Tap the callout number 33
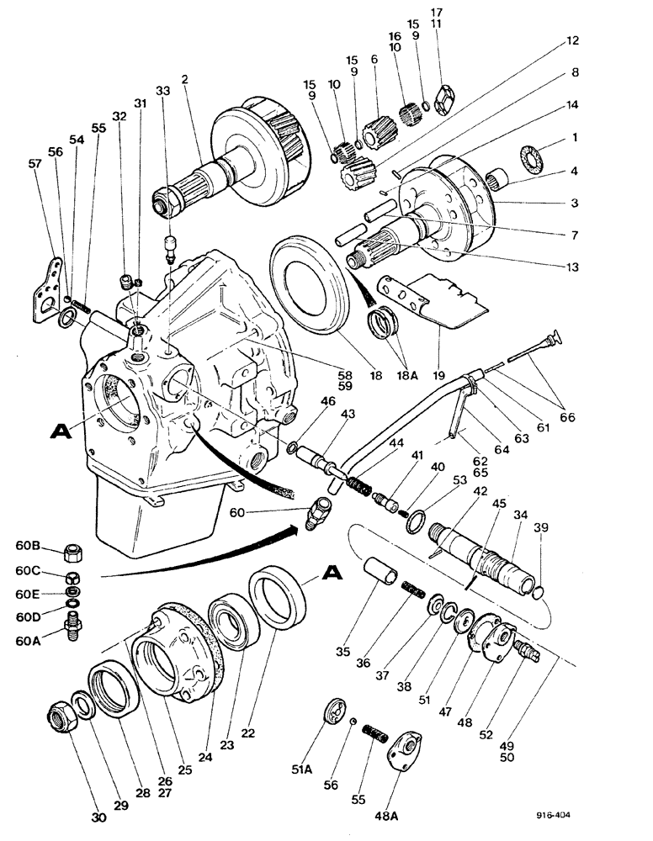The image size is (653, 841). click(162, 90)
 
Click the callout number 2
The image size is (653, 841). click(183, 79)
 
